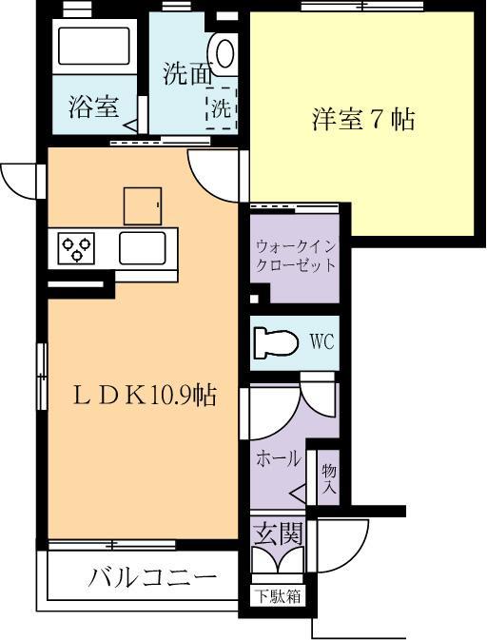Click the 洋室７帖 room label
pyautogui.click(x=362, y=121)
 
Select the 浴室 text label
pyautogui.click(x=92, y=107)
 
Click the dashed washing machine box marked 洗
pyautogui.click(x=222, y=107)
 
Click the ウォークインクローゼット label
pyautogui.click(x=295, y=255)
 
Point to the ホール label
pyautogui.click(x=278, y=457)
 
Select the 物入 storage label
pyautogui.click(x=329, y=479)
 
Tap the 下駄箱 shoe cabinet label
pyautogui.click(x=277, y=597)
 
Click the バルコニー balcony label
pyautogui.click(x=153, y=578)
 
